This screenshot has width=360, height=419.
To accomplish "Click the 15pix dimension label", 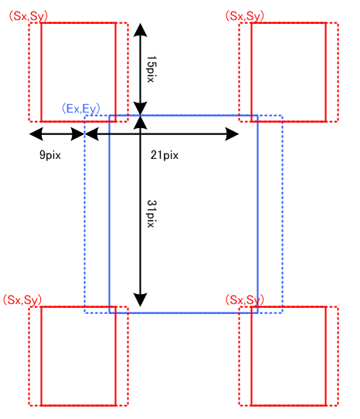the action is (151, 69).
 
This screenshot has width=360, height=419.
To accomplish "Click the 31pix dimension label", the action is (151, 214).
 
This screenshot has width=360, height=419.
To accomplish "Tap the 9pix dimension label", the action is (50, 155).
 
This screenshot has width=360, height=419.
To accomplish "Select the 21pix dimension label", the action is (165, 155).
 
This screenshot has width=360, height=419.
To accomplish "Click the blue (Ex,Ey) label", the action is (81, 109).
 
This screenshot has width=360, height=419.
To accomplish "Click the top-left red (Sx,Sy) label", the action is (29, 16).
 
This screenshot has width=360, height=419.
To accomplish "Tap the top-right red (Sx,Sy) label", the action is (244, 16).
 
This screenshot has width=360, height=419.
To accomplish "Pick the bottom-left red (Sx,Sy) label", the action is (22, 300).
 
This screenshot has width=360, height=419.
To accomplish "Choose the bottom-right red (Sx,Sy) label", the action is (244, 300).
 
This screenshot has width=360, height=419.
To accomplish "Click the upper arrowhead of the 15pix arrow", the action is (140, 29).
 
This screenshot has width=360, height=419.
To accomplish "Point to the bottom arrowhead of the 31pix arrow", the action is (140, 300).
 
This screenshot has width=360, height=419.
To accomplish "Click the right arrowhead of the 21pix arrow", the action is (233, 133).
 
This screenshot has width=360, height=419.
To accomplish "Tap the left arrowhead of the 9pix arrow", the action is (36, 133).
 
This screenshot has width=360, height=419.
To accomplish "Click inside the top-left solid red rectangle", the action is (78, 73).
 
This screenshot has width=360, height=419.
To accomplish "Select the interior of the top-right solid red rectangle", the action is (289, 73).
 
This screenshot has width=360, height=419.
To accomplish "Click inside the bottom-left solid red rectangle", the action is (78, 356).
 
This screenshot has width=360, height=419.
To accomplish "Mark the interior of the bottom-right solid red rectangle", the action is (289, 356).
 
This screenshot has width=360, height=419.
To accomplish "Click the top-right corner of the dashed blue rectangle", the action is (282, 116).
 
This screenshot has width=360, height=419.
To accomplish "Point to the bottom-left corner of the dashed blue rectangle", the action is (85, 313).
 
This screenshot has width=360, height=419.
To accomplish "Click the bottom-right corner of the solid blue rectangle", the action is (257, 313).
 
